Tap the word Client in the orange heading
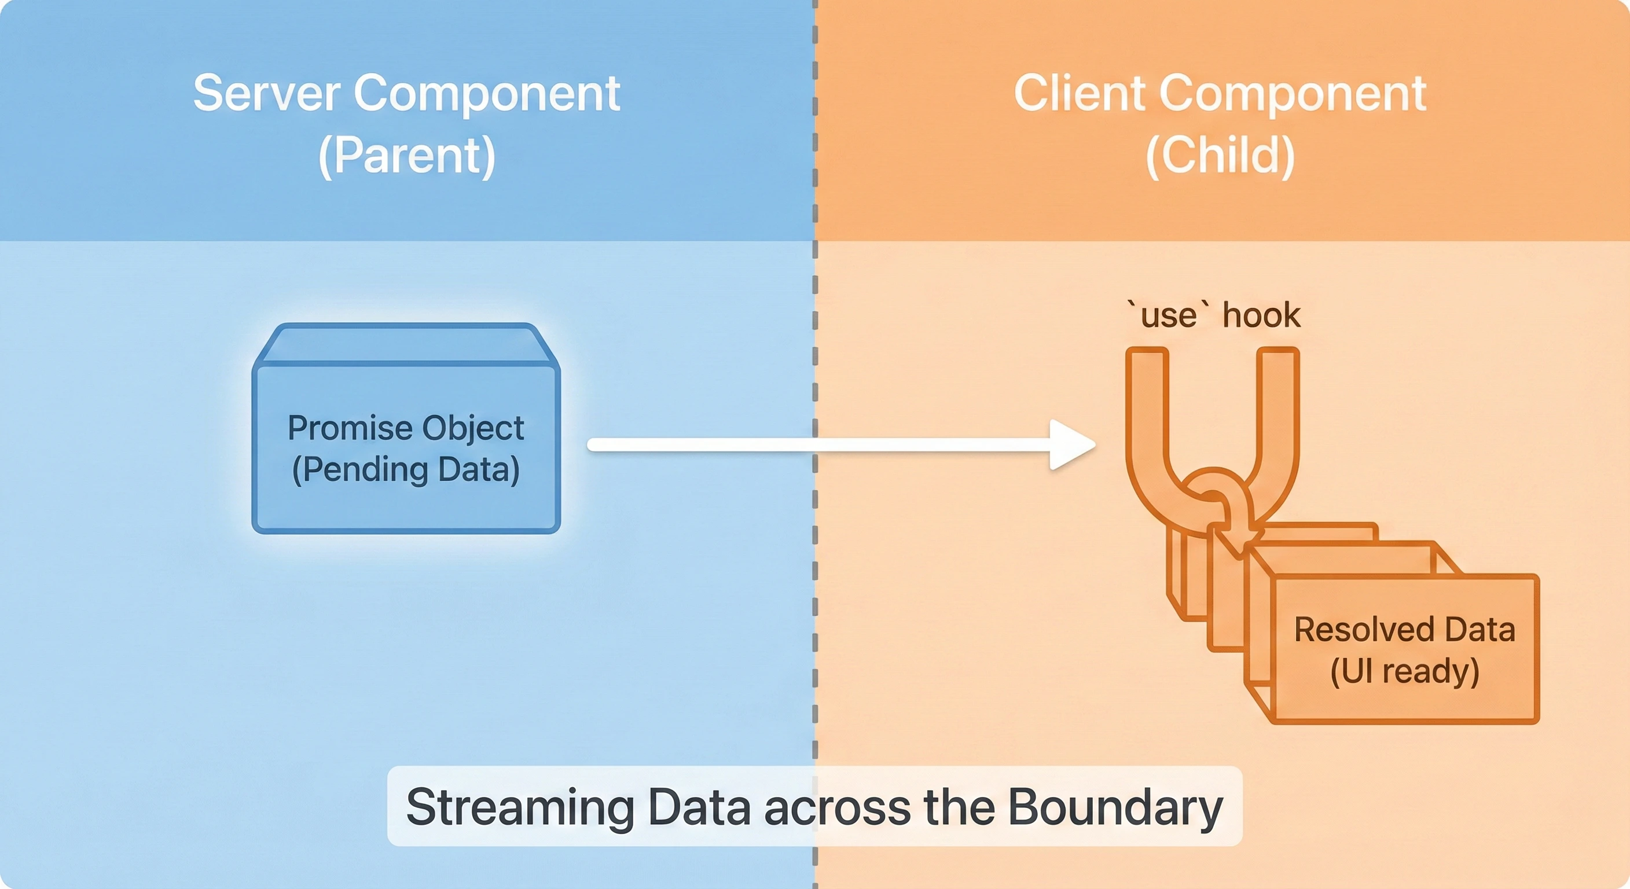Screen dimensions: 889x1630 coord(1081,94)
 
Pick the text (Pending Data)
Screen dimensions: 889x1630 coord(406,469)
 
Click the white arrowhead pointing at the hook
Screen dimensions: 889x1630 coord(1071,445)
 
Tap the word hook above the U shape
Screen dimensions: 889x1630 coord(1261,315)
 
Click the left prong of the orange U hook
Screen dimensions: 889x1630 coord(1147,412)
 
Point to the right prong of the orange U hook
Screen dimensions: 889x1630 coord(1278,412)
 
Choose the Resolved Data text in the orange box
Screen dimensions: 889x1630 coord(1405,630)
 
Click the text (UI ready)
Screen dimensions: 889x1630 coord(1405,671)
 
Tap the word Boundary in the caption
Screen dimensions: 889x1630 coord(1115,807)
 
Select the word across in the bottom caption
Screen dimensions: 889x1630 coord(837,807)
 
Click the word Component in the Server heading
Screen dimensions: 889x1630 coord(487,94)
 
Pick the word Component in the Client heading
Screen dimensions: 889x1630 coord(1293,94)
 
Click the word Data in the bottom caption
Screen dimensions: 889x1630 coord(700,807)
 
